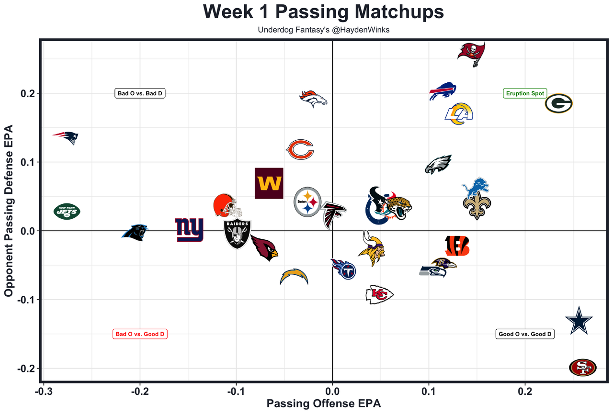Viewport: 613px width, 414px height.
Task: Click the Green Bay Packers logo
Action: point(558,103)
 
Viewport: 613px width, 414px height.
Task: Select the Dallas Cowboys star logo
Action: point(579,321)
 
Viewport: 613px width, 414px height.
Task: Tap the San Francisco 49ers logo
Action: point(583,368)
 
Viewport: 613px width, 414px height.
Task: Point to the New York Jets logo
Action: point(67,212)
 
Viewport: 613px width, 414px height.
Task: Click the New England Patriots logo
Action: point(66,137)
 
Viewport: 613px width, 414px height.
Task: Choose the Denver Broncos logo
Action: point(314,99)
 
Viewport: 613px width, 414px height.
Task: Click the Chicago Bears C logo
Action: point(300,150)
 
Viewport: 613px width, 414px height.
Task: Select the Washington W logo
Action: point(269,183)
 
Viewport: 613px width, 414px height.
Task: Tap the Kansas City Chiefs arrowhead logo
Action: point(379,294)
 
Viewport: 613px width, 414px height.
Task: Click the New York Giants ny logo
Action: point(189,230)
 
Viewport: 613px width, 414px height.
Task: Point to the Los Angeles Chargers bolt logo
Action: point(294,277)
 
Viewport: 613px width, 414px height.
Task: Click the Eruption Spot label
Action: point(525,93)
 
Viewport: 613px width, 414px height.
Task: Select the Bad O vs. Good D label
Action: point(140,334)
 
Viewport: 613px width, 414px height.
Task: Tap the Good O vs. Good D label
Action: point(525,334)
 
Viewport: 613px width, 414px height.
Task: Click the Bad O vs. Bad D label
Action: point(140,93)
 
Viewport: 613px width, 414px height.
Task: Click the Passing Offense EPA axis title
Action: point(324,403)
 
